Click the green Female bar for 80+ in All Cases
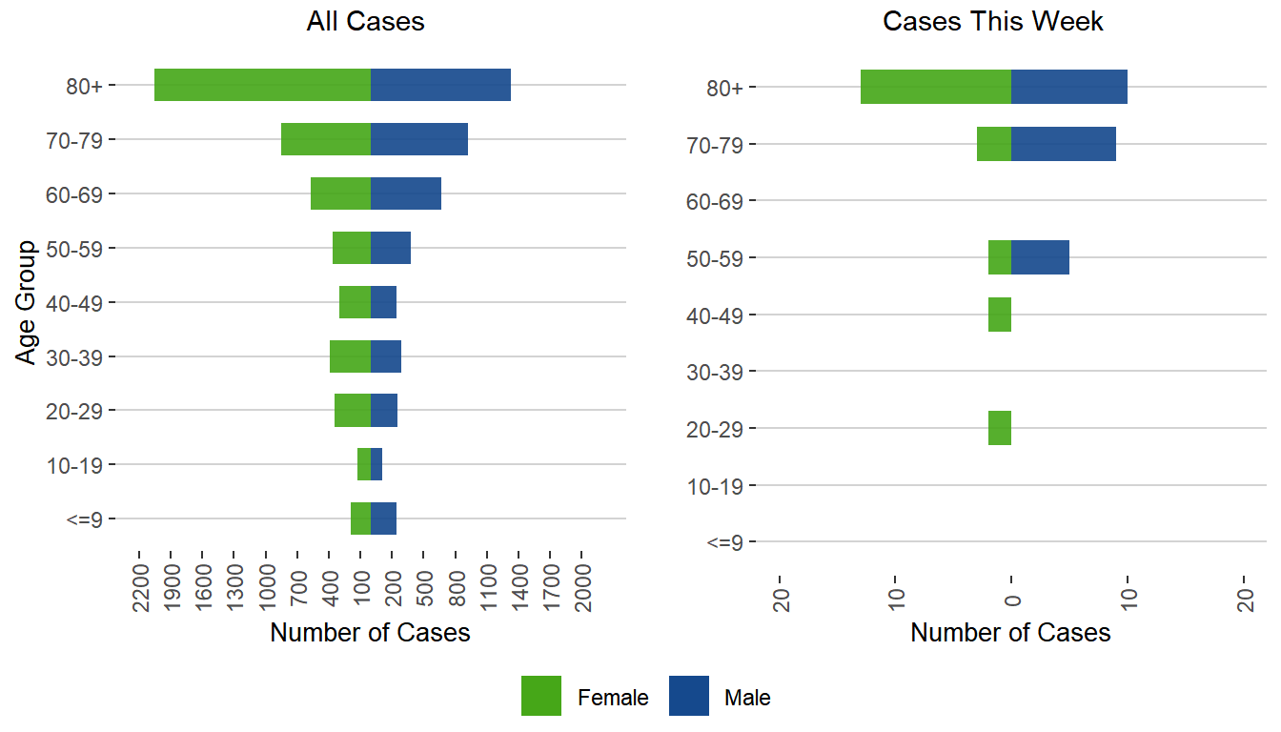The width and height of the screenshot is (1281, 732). click(262, 85)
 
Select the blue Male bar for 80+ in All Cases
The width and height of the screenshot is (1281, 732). click(440, 85)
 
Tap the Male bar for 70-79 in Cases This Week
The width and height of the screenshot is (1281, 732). click(1063, 144)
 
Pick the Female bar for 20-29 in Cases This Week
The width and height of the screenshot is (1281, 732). click(1000, 428)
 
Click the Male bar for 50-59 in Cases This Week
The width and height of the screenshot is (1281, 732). click(1040, 257)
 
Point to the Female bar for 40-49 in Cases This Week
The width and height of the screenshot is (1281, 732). click(1000, 315)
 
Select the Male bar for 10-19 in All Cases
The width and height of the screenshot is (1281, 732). click(376, 464)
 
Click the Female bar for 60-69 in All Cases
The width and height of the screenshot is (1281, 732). click(340, 193)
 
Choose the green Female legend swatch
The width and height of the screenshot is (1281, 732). click(541, 697)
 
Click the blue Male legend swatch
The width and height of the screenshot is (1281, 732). click(688, 697)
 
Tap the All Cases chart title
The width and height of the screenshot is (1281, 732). click(365, 22)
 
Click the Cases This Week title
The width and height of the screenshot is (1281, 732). click(993, 22)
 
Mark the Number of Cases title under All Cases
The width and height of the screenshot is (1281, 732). click(370, 633)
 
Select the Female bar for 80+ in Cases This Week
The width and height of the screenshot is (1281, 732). click(935, 87)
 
